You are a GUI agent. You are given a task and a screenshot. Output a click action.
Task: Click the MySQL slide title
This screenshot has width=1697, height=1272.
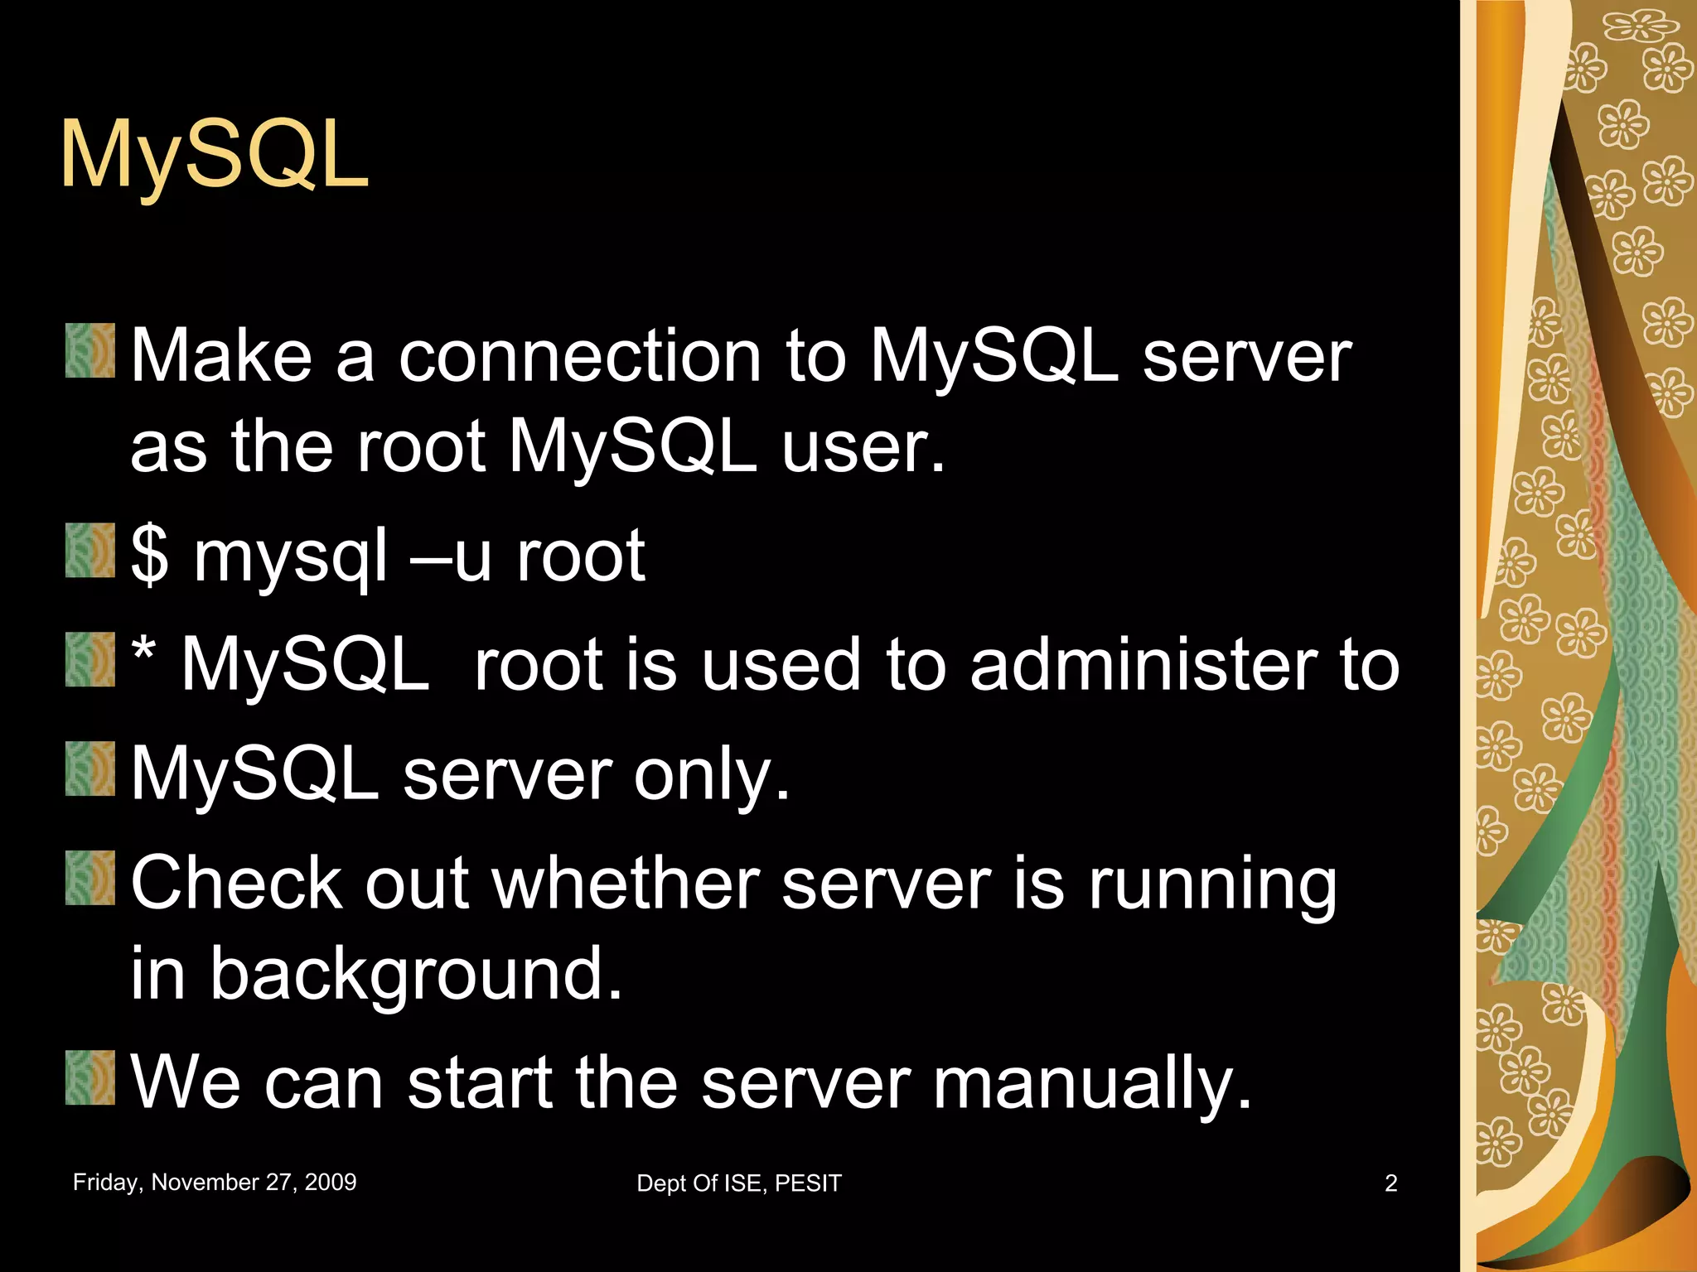point(214,156)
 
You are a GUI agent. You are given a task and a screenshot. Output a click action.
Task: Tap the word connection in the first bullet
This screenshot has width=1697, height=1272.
point(580,356)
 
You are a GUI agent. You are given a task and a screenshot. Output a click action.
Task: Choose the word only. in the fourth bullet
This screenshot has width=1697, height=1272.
point(712,774)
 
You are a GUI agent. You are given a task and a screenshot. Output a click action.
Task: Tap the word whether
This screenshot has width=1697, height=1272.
point(626,884)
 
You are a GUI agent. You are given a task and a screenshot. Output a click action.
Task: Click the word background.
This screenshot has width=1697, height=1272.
point(415,975)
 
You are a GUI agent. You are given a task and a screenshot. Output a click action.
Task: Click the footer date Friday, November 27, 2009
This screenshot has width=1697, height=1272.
point(215,1182)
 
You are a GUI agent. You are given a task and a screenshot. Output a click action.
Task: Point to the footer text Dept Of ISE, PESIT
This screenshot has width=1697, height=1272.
point(738,1183)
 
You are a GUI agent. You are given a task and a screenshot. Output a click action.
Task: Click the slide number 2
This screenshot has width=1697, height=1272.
point(1391,1183)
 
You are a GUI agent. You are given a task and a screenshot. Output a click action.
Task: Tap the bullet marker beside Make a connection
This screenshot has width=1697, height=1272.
point(90,351)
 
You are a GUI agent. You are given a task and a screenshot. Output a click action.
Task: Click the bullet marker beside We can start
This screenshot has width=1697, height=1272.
point(90,1078)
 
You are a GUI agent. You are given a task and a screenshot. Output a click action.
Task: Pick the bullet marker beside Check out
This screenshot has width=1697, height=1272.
point(90,878)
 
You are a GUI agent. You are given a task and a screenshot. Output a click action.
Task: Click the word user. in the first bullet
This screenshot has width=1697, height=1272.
point(863,447)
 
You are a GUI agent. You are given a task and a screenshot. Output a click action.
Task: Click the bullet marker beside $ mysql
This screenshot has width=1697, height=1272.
point(90,550)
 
